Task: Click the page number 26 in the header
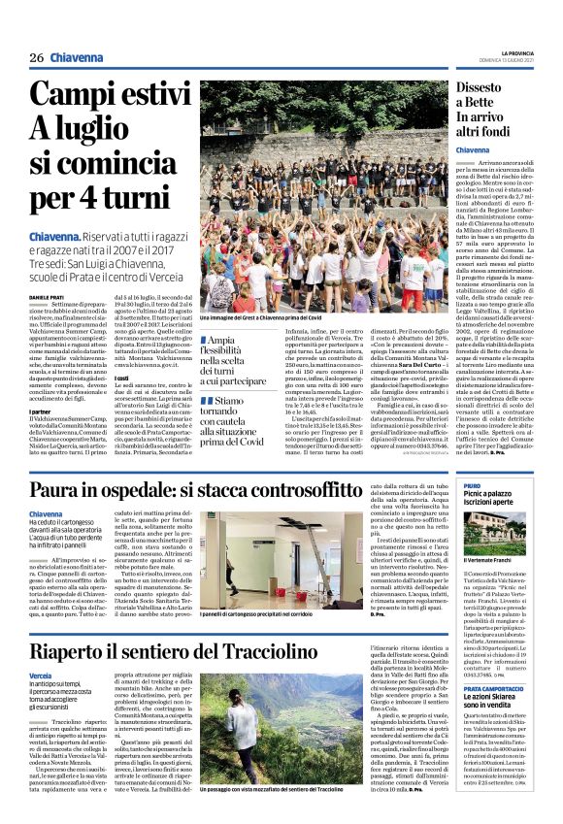tap(37, 56)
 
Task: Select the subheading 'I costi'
tap(122, 376)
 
